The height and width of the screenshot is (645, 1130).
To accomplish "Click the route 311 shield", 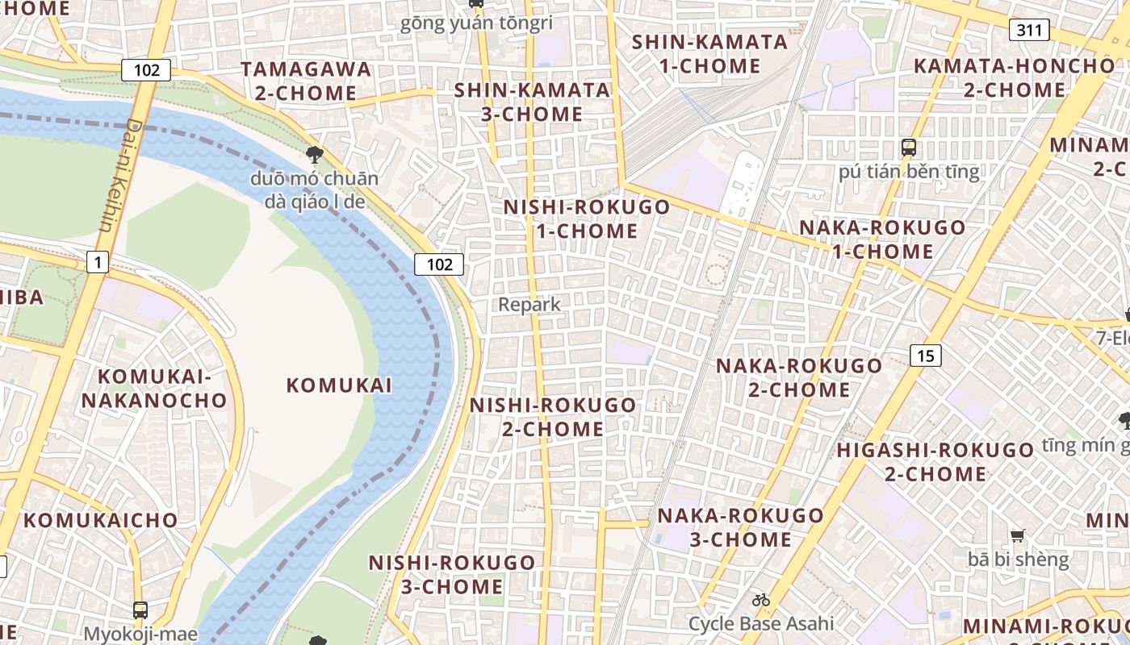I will tap(1028, 31).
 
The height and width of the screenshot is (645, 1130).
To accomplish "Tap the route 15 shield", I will tap(926, 355).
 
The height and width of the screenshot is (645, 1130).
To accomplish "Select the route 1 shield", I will tap(98, 262).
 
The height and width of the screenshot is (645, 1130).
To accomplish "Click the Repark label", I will tap(529, 305).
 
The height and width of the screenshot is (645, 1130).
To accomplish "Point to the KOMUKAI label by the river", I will tap(339, 385).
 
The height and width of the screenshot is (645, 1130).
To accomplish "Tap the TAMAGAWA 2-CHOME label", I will tap(307, 81).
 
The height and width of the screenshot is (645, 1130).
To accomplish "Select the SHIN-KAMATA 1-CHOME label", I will tap(709, 53).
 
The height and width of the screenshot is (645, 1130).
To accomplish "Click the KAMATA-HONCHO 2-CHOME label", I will tap(1014, 77).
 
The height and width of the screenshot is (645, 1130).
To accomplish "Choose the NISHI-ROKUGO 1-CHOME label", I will tap(587, 218).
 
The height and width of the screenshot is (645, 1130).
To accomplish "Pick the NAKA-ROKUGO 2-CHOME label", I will tap(799, 377).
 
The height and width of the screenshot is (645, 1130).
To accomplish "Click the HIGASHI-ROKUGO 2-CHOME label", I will tap(935, 461).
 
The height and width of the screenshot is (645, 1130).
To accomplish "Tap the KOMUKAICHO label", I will tap(100, 520).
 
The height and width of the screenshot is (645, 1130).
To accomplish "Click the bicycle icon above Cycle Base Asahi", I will tap(760, 600).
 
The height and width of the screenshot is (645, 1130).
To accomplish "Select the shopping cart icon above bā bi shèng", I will tap(1018, 535).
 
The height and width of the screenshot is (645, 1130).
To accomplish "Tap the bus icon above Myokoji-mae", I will tap(140, 610).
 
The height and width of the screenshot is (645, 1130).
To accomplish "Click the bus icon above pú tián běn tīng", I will tap(909, 148).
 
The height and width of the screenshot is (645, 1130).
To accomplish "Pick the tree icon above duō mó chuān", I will tap(314, 154).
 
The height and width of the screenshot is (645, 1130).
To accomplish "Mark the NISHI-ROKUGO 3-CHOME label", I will tap(452, 574).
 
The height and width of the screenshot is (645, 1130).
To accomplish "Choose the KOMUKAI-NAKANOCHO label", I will tap(153, 388).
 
